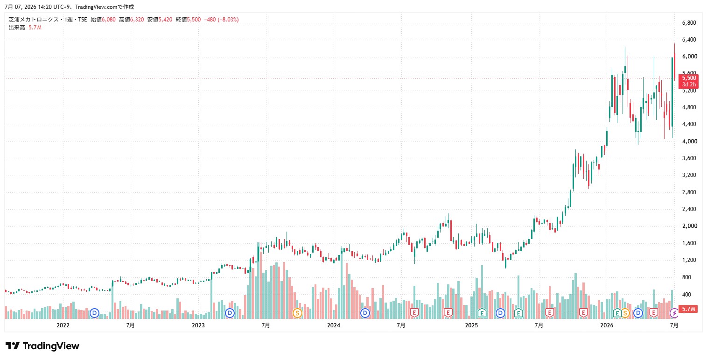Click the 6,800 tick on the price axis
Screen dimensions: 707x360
pyautogui.click(x=689, y=23)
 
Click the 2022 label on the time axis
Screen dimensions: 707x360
pyautogui.click(x=63, y=325)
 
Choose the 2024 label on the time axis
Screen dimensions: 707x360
pyautogui.click(x=334, y=325)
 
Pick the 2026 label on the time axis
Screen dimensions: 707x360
pyautogui.click(x=607, y=325)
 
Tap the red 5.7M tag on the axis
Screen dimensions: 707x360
pyautogui.click(x=688, y=309)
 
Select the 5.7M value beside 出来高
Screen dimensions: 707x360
pyautogui.click(x=35, y=28)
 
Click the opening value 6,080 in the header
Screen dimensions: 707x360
pyautogui.click(x=109, y=20)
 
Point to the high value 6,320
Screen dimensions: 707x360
pyautogui.click(x=137, y=20)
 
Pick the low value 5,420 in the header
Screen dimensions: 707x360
pyautogui.click(x=165, y=20)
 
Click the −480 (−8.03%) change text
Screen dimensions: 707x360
pyautogui.click(x=221, y=20)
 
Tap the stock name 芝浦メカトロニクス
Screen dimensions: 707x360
pyautogui.click(x=34, y=20)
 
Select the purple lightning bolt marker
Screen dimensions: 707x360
pyautogui.click(x=674, y=313)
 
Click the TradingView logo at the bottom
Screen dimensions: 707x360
pyautogui.click(x=42, y=346)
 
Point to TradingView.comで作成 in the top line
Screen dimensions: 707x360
pyautogui.click(x=105, y=7)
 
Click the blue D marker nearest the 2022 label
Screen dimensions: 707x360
pyautogui.click(x=94, y=313)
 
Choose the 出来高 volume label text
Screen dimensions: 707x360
pyautogui.click(x=17, y=28)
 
